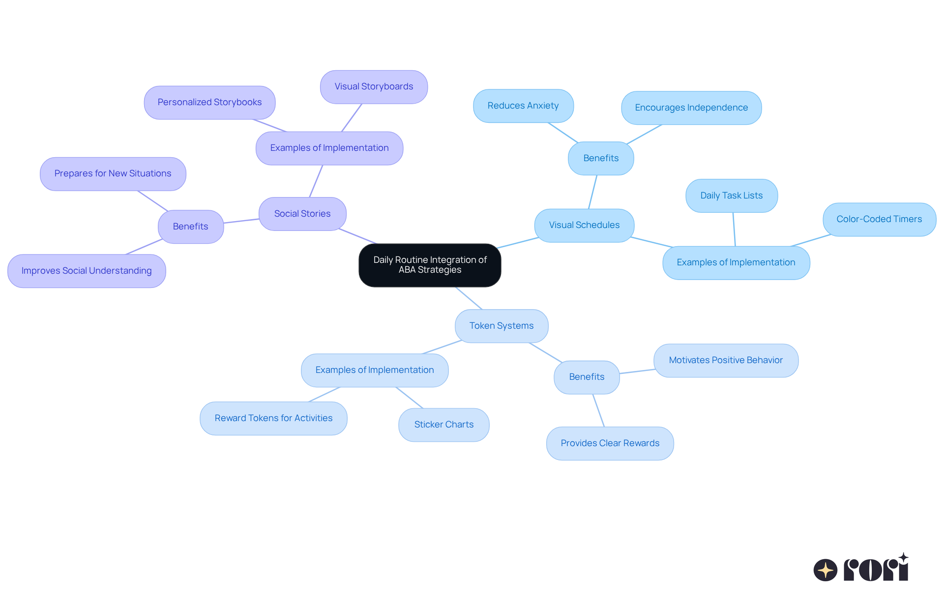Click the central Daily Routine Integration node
[430, 265]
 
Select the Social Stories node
[302, 214]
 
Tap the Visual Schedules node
[584, 225]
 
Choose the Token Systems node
[501, 326]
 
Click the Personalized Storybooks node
[209, 102]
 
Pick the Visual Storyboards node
[374, 86]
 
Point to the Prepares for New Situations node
[113, 173]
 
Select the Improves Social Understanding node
[87, 271]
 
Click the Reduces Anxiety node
[523, 106]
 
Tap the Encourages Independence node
[691, 108]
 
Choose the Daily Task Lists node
[731, 196]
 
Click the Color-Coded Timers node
[879, 219]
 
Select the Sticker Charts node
[443, 425]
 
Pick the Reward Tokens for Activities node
[273, 418]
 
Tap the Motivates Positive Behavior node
[726, 360]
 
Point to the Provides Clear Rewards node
[610, 443]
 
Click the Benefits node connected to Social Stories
[190, 227]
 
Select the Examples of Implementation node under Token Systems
[375, 370]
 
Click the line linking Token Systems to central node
[469, 298]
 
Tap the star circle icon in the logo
[825, 570]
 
